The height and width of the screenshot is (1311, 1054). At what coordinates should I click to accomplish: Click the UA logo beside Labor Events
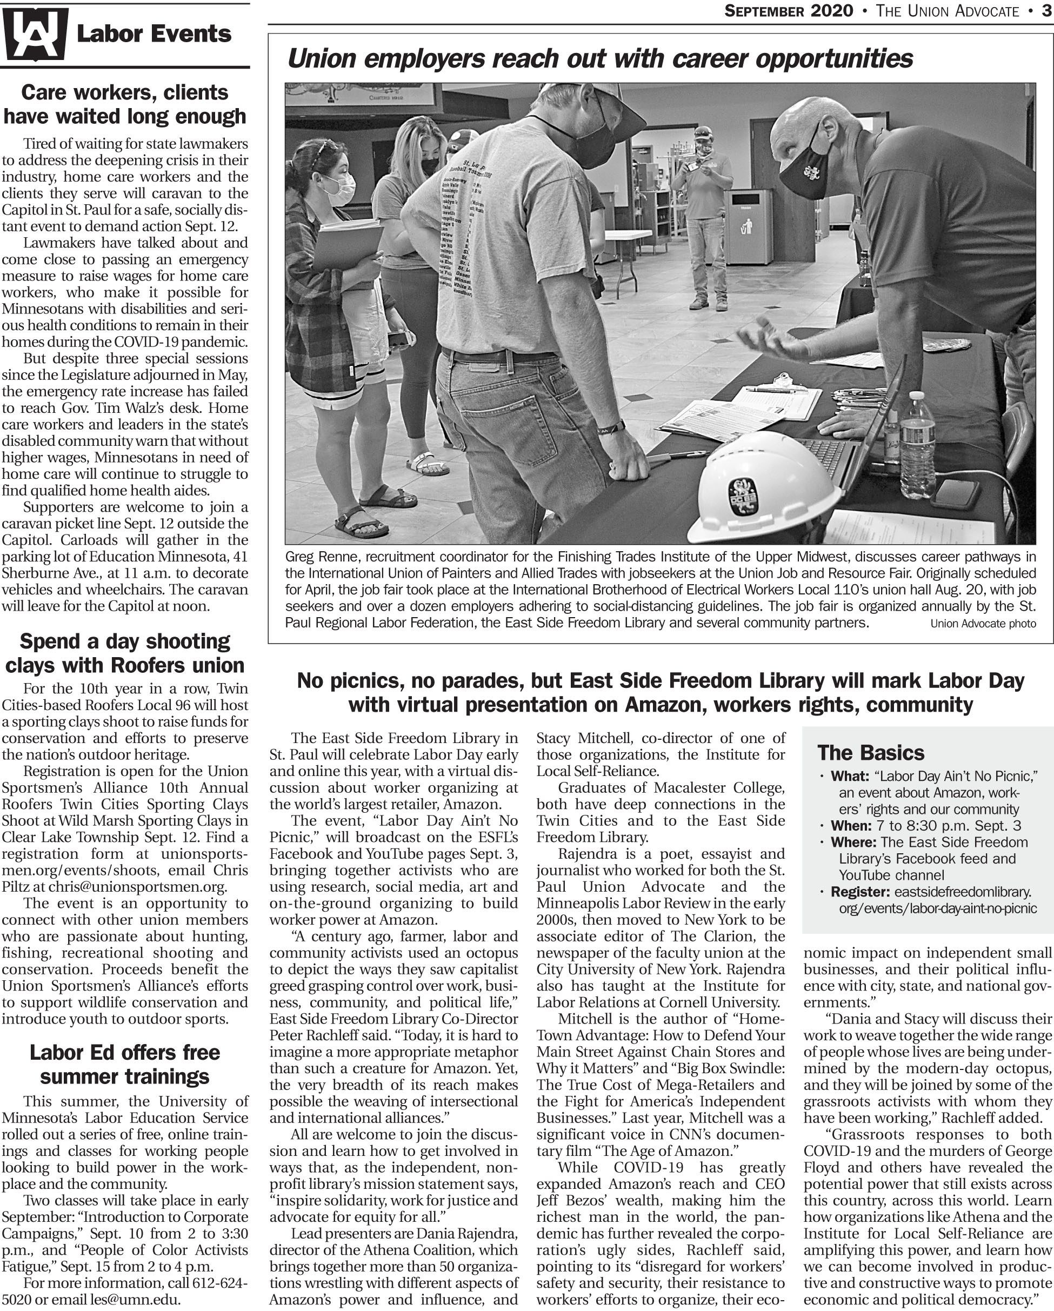click(35, 34)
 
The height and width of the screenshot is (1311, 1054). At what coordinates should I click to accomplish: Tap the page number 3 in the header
click(1046, 11)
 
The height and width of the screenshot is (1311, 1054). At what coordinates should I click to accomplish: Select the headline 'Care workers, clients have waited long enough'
click(125, 104)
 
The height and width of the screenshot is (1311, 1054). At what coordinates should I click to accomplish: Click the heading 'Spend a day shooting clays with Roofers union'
click(125, 653)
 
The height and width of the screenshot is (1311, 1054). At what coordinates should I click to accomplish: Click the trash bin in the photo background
click(748, 225)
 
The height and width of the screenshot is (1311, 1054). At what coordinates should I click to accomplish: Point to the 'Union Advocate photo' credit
click(983, 623)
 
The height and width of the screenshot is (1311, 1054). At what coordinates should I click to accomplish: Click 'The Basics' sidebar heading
click(870, 753)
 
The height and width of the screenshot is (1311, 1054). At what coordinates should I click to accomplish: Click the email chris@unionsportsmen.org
click(137, 887)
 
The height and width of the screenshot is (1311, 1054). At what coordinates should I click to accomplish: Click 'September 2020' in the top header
click(788, 11)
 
